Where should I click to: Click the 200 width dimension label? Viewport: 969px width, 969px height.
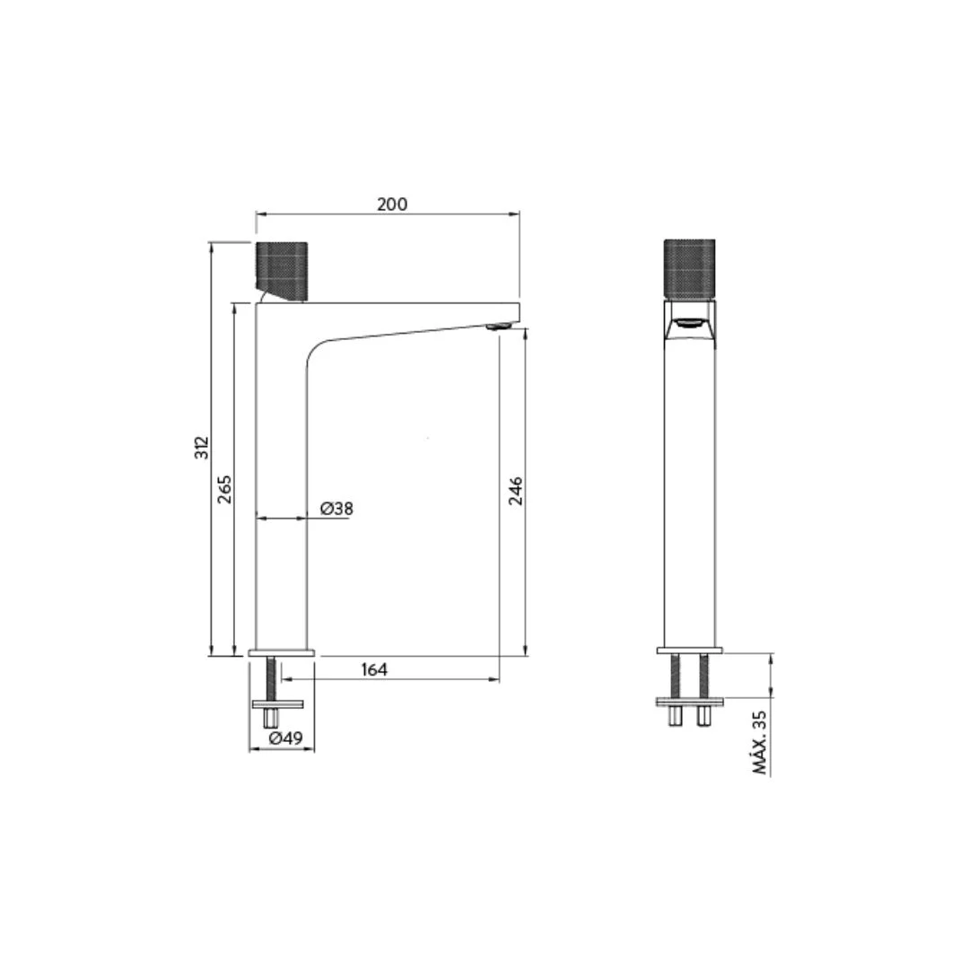[x=392, y=204]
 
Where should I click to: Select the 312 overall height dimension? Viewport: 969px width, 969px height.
[x=202, y=448]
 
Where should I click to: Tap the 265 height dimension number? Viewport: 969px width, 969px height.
[x=225, y=489]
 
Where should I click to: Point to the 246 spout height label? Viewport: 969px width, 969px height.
[x=515, y=491]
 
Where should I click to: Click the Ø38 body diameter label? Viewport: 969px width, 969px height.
[x=336, y=509]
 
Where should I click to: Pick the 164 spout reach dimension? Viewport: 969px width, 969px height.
[x=374, y=669]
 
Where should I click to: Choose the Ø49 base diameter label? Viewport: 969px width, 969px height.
[x=286, y=738]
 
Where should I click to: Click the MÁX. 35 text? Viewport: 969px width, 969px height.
[x=760, y=742]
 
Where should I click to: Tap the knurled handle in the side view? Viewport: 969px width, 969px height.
[x=282, y=272]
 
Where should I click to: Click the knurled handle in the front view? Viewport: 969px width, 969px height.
[x=689, y=269]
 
